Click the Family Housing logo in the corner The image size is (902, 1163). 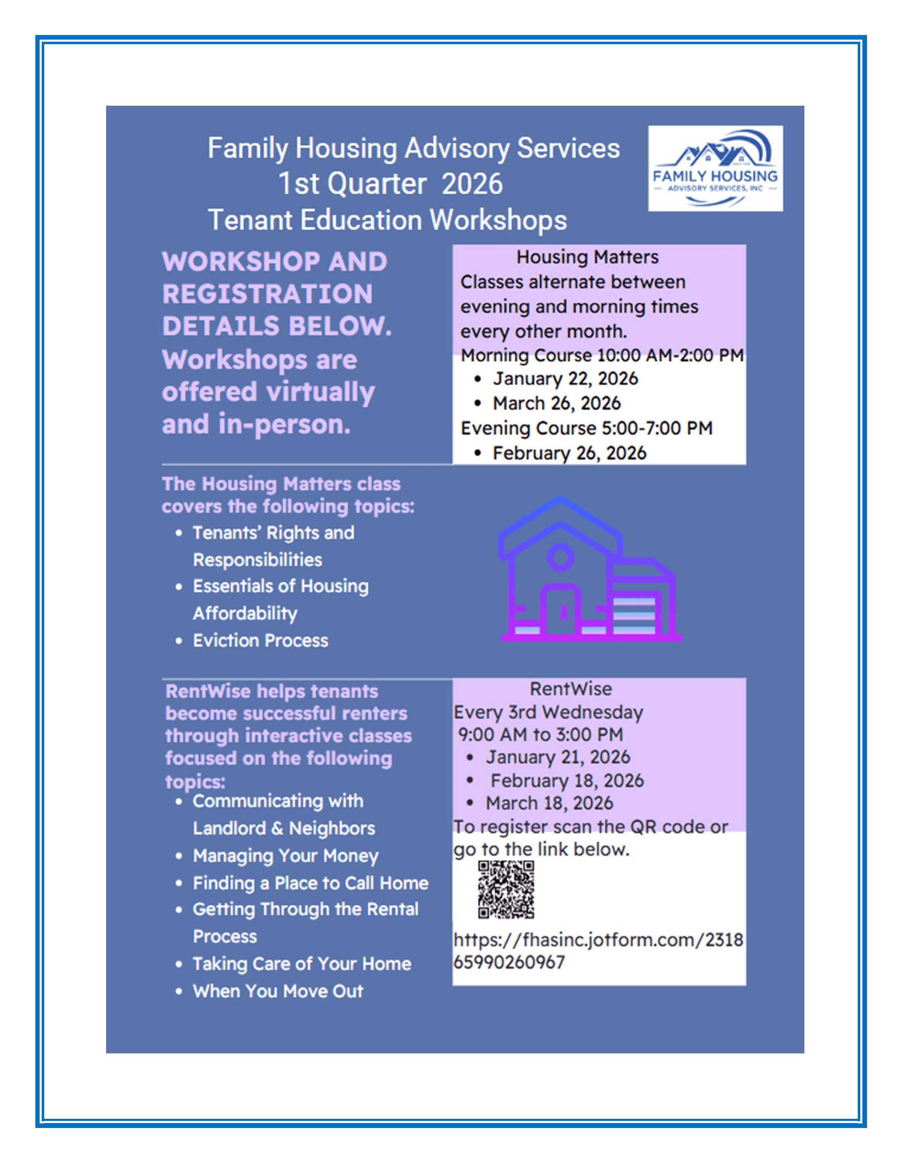(x=715, y=168)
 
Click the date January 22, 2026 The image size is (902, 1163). (x=565, y=379)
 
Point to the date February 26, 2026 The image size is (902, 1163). (x=569, y=453)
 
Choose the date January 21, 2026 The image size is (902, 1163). (x=557, y=757)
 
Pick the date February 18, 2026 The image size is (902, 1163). (x=567, y=781)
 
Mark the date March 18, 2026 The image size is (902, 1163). (x=549, y=803)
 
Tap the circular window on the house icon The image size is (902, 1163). (x=560, y=557)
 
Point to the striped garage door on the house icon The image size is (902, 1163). (x=634, y=615)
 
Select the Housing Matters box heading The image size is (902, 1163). (x=587, y=257)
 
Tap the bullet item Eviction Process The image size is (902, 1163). (x=260, y=641)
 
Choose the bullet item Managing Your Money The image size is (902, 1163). (x=285, y=856)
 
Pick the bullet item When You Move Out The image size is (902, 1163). (x=278, y=991)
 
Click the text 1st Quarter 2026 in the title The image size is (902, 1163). (x=391, y=184)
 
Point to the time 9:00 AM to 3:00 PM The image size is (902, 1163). (x=540, y=735)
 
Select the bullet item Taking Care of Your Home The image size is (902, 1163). (x=302, y=964)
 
